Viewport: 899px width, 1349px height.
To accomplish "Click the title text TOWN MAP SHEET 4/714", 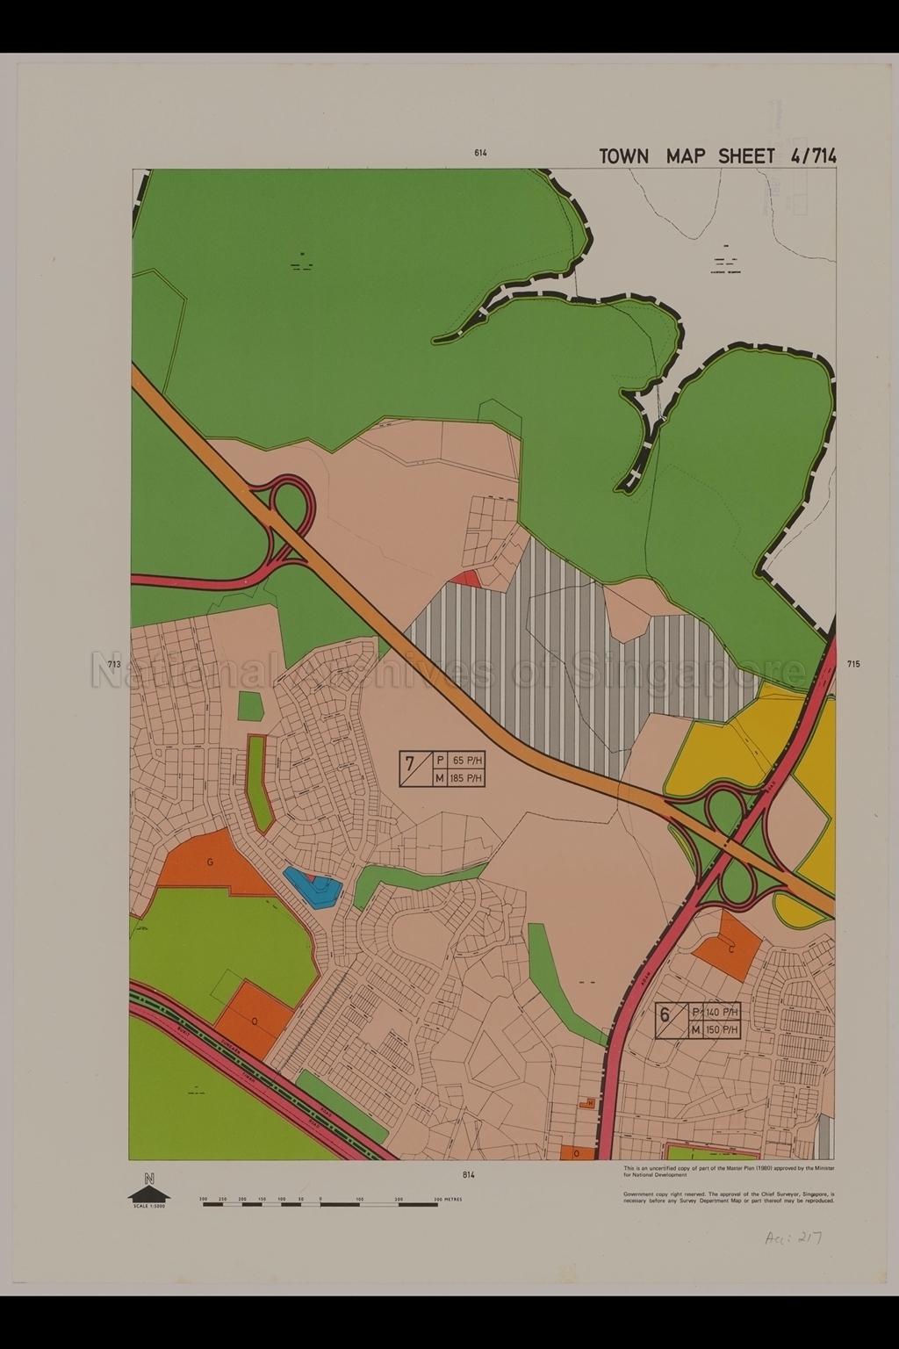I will [x=716, y=156].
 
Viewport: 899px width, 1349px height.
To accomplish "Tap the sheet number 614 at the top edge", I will [x=480, y=153].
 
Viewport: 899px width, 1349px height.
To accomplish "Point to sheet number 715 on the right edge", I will [x=854, y=665].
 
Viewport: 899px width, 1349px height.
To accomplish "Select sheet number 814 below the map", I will [x=467, y=1174].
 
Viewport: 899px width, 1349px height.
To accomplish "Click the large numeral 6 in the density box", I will [x=665, y=1015].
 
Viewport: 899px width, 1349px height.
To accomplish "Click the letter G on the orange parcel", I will [x=211, y=862].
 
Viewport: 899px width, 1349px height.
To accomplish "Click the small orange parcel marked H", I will [x=590, y=1102].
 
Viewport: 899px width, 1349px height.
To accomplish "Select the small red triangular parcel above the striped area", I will [x=466, y=578].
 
